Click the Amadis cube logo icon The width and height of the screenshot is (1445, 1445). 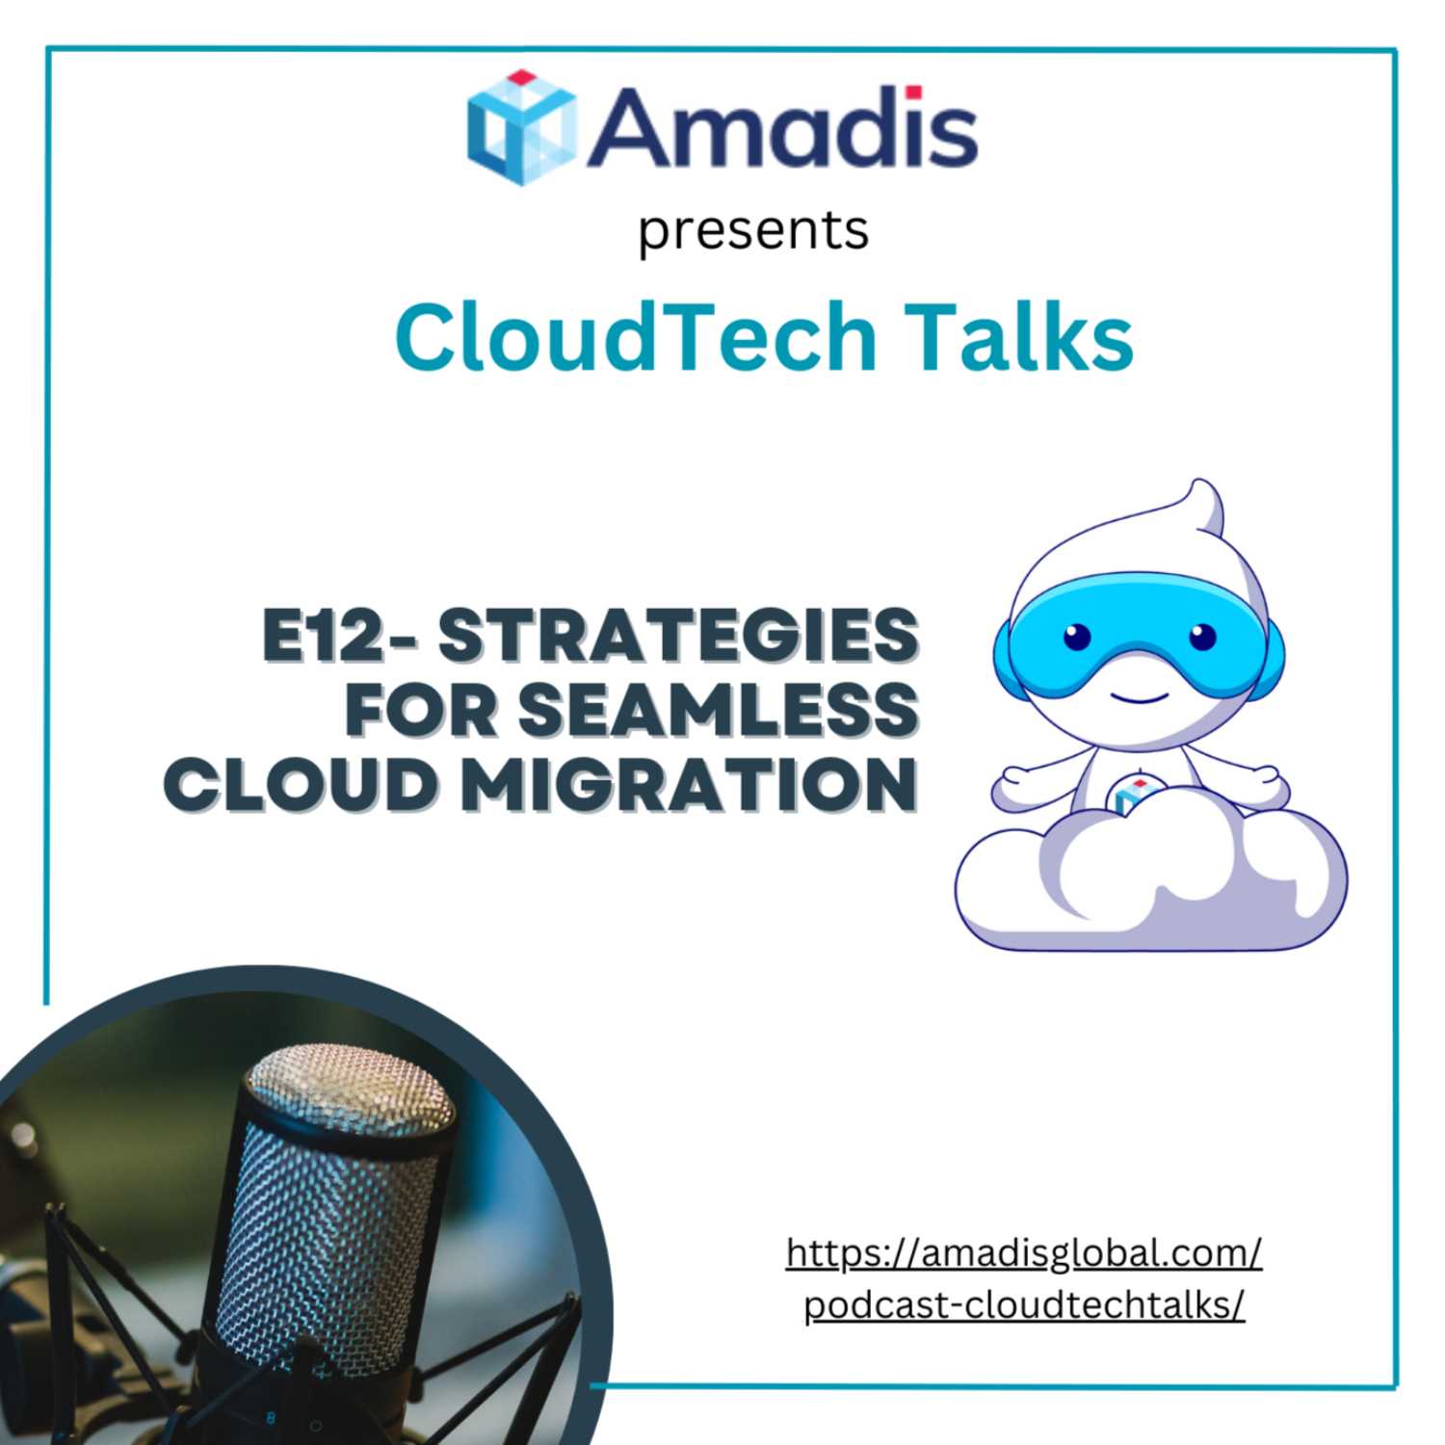(521, 126)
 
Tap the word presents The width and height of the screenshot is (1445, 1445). (753, 231)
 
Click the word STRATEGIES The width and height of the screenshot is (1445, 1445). (679, 636)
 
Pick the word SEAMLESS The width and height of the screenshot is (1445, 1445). (719, 710)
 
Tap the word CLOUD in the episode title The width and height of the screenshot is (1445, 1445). (301, 784)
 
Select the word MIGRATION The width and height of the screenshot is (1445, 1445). (688, 784)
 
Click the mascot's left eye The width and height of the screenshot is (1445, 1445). (1077, 636)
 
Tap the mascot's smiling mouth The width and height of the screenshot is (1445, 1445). (1134, 696)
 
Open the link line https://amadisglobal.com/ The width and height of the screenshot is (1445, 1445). (1024, 1253)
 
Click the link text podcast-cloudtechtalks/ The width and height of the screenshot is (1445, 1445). (1025, 1305)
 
